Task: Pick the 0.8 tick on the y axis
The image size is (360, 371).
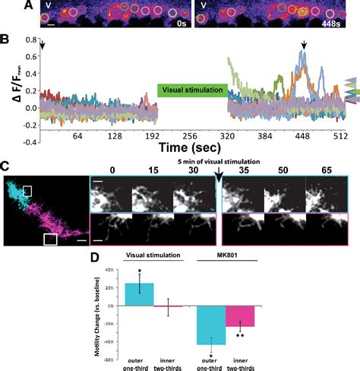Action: click(x=30, y=50)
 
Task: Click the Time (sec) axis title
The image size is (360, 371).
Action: click(x=191, y=148)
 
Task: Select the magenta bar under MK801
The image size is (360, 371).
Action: click(x=239, y=316)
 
